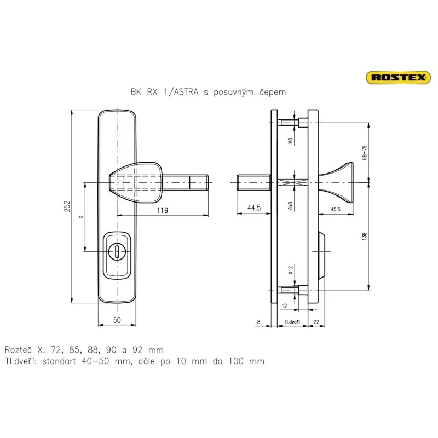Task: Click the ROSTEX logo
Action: coord(399,77)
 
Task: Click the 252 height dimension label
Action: coord(67,206)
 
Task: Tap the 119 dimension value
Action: coord(162,210)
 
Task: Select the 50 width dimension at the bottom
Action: coord(117,320)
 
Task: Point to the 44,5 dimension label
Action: coord(254,208)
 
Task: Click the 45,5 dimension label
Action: coord(336,209)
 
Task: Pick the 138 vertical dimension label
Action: coord(364,237)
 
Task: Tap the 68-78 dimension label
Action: coord(364,153)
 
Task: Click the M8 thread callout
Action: coord(290,141)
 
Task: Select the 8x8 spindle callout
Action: coord(290,206)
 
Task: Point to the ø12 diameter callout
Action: coord(290,270)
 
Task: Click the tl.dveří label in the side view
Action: coord(292,322)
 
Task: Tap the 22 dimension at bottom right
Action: coord(316,322)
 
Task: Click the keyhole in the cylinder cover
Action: coord(117,251)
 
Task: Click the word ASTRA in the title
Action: coord(186,92)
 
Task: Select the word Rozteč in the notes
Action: coord(19,350)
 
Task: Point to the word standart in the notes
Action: coord(59,361)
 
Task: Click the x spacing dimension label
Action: coord(81,217)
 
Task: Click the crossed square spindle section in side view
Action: coord(292,183)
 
